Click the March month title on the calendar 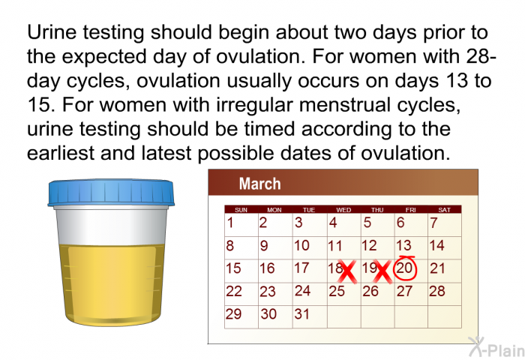coord(259,184)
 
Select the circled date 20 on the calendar coord(405,268)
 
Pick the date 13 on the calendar coord(403,245)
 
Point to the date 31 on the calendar coord(301,314)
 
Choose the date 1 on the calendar coord(231,223)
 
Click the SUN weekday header coord(241,210)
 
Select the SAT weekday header coord(444,210)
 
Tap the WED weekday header coord(343,210)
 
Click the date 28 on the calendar coord(437,291)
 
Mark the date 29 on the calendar coord(234,314)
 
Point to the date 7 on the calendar coord(433,223)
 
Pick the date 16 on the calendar coord(267,268)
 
